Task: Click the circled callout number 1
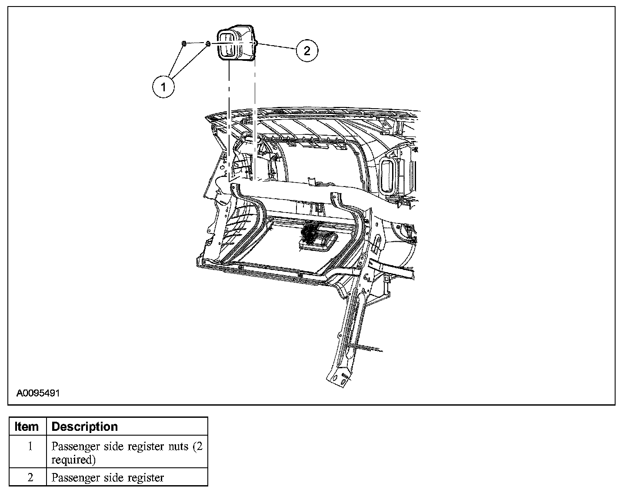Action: pyautogui.click(x=163, y=87)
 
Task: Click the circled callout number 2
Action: pyautogui.click(x=307, y=51)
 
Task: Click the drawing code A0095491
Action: pyautogui.click(x=38, y=393)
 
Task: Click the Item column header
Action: pyautogui.click(x=27, y=426)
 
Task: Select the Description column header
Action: pyautogui.click(x=85, y=426)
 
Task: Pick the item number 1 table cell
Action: pyautogui.click(x=30, y=446)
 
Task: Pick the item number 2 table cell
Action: pyautogui.click(x=30, y=477)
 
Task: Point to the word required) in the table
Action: pyautogui.click(x=73, y=460)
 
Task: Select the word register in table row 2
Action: pyautogui.click(x=146, y=477)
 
